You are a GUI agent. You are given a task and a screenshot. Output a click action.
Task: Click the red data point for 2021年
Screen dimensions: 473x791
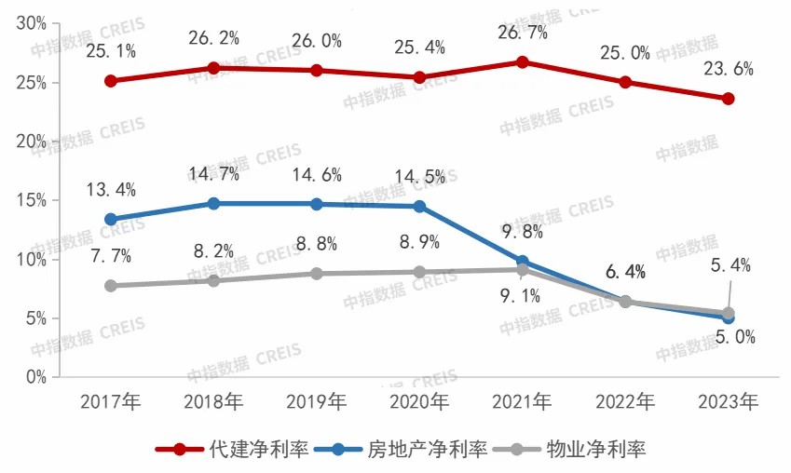(523, 62)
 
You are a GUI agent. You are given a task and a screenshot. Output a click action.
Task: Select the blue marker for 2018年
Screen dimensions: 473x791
(213, 203)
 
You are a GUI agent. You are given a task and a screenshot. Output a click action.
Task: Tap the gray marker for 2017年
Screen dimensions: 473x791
(111, 286)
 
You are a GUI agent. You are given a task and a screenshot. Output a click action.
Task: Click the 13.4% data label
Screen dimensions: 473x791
(111, 190)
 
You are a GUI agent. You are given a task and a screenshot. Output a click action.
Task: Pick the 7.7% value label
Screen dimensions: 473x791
(111, 255)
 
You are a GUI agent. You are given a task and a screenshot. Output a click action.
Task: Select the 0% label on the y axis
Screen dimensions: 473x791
(36, 377)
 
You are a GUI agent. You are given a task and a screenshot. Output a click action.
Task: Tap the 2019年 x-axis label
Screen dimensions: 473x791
(317, 402)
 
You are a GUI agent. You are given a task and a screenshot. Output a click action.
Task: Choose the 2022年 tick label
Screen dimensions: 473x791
(626, 402)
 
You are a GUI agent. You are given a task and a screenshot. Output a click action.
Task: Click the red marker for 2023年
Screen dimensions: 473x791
(729, 99)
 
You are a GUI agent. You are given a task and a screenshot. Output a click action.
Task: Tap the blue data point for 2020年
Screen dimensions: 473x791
(419, 206)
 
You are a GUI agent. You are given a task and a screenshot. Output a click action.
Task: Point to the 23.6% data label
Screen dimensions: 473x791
(730, 69)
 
